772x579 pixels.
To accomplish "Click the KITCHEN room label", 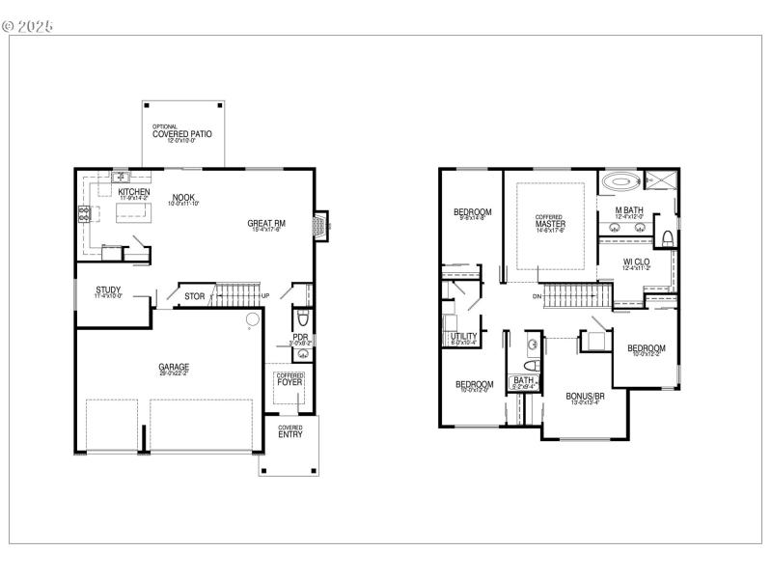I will coord(134,192).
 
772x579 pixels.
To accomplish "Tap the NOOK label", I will coord(184,197).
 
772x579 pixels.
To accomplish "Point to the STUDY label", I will coord(108,289).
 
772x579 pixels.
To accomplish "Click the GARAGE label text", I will coord(174,367).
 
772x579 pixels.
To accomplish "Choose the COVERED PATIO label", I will coord(181,134).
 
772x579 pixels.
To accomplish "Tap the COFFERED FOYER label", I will coord(289,379).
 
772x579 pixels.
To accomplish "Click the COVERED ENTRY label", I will coord(289,431).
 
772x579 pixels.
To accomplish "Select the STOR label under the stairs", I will coord(194,296).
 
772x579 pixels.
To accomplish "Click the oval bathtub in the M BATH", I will coord(620,180).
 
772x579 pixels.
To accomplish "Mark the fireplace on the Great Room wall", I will coord(317,225).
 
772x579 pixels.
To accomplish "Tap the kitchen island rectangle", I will coord(134,214).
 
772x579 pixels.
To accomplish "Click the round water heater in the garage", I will coord(251,319).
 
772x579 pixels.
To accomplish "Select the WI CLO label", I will coord(636,262).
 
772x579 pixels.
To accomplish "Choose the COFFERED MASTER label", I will coord(550,222).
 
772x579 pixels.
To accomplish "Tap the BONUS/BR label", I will coord(586,396).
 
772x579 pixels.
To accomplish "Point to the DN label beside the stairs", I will coord(536,296).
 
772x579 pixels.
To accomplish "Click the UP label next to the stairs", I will coord(265,295).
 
